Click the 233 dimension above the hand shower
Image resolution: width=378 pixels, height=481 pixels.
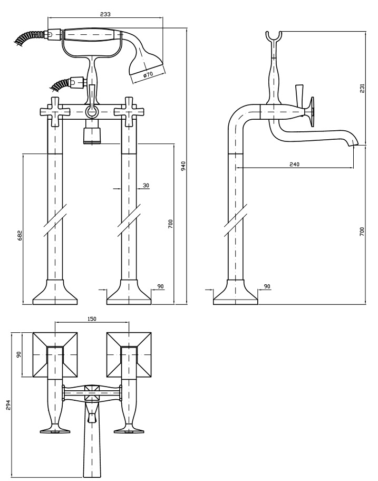(x=105, y=14)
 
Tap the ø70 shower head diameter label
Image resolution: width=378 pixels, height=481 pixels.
(x=148, y=74)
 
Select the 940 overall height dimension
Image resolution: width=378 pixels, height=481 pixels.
(x=183, y=166)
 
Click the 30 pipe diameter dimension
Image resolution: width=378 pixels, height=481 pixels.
(x=146, y=185)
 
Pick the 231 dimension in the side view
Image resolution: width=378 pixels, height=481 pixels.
(x=362, y=88)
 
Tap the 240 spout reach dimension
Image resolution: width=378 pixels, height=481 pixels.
(x=294, y=164)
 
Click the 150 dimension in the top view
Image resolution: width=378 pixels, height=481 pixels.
(x=92, y=319)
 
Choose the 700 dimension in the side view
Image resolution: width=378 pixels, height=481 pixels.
(x=362, y=231)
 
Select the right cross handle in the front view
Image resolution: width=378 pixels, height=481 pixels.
(x=129, y=111)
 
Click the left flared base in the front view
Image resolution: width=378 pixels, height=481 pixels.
(x=55, y=294)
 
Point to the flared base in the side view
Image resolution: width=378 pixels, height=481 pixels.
(x=235, y=294)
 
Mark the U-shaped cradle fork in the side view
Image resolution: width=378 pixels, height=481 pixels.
(x=274, y=37)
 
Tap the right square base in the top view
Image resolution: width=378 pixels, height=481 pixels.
(x=129, y=354)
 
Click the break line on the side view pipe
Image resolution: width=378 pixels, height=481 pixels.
(x=235, y=218)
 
